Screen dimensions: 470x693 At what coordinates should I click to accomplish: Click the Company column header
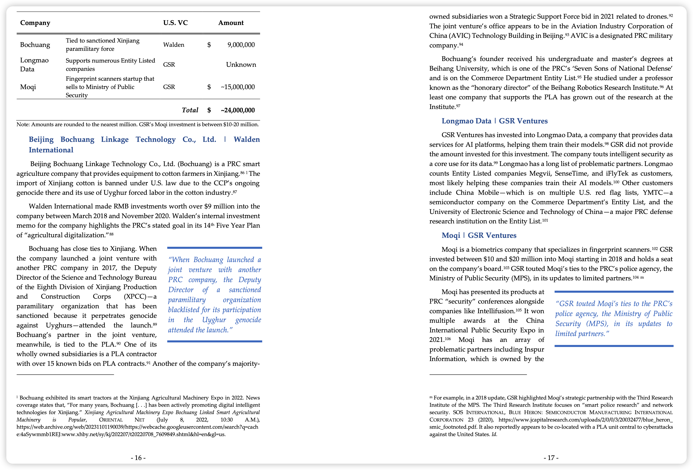(x=35, y=23)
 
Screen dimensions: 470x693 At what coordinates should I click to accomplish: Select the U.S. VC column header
(x=175, y=23)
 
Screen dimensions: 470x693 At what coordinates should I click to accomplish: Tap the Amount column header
(x=231, y=23)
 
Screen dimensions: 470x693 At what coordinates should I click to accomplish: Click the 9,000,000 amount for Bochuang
(x=241, y=45)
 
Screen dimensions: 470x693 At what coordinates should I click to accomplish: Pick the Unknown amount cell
(x=241, y=65)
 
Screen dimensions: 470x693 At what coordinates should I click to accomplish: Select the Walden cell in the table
(x=174, y=45)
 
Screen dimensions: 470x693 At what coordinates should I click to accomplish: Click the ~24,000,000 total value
(x=238, y=110)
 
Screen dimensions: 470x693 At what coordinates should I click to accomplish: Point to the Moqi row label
(x=28, y=87)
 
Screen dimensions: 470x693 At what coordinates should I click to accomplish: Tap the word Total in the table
(x=190, y=110)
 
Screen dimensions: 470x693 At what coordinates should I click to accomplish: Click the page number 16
(x=138, y=458)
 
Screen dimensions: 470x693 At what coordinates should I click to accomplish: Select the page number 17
(x=551, y=458)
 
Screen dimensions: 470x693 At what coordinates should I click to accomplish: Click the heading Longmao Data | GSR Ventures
(x=494, y=121)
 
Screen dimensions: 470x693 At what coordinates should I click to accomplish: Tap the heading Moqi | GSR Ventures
(x=479, y=235)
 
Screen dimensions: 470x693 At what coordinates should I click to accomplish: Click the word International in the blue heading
(x=51, y=150)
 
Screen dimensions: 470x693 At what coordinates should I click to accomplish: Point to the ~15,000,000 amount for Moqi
(x=238, y=87)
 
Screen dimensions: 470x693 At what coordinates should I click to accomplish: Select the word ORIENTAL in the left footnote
(x=111, y=420)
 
